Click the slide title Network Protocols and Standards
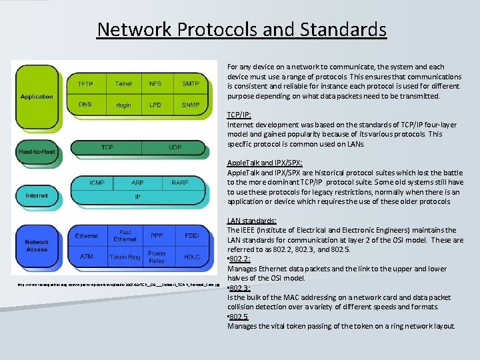(241, 29)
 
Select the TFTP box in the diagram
(85, 84)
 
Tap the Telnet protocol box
(123, 84)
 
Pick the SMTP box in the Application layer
(190, 84)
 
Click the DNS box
(85, 105)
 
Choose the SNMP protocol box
(190, 105)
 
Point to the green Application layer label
(37, 97)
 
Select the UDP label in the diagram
(175, 147)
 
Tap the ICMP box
(97, 182)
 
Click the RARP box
(179, 182)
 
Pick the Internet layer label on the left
(37, 195)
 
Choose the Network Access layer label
(37, 245)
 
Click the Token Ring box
(125, 257)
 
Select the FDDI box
(191, 236)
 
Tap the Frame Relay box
(157, 257)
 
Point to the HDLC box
(191, 257)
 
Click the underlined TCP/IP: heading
(239, 115)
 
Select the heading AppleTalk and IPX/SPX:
(265, 163)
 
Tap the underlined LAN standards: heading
(252, 221)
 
